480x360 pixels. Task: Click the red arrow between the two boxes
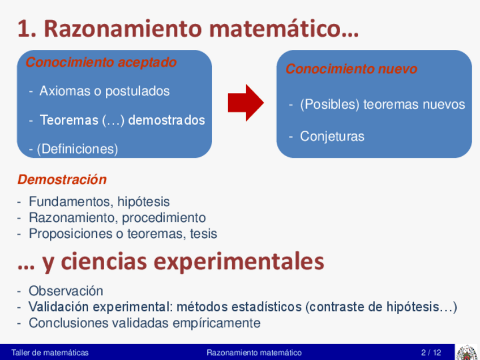[246, 103]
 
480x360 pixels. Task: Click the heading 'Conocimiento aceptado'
[101, 62]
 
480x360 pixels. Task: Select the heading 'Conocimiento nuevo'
[351, 69]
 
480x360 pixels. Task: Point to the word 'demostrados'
[166, 120]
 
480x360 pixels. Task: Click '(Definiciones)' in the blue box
[78, 149]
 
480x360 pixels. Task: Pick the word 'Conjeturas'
[332, 136]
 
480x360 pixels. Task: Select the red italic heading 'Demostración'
[62, 179]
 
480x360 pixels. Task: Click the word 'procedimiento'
[164, 218]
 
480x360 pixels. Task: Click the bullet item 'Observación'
[66, 291]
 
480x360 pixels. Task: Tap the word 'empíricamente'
[216, 323]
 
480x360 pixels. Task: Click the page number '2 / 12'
[431, 353]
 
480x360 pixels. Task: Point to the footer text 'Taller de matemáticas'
[50, 353]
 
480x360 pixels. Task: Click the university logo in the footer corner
[467, 353]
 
